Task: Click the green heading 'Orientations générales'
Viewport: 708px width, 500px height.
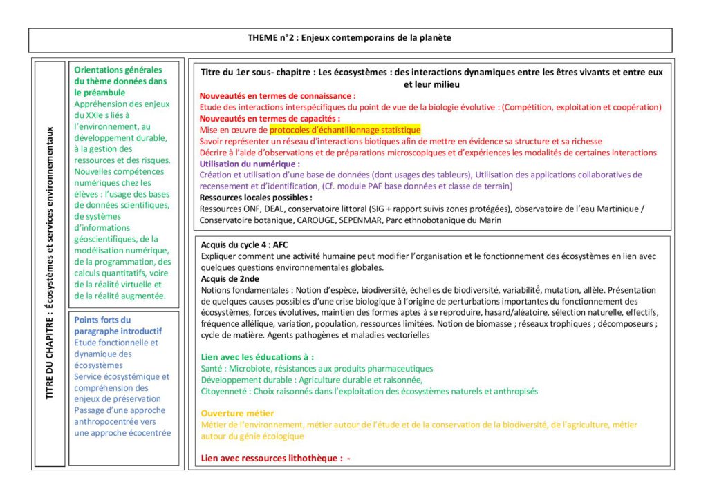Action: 118,70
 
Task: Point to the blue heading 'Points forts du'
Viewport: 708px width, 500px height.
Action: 102,320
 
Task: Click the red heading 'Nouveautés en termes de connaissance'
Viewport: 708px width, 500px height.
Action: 277,96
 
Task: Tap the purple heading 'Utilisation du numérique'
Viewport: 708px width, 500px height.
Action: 250,164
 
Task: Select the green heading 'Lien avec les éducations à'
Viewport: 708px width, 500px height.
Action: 257,357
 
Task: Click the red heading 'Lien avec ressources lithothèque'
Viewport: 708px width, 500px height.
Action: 270,458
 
